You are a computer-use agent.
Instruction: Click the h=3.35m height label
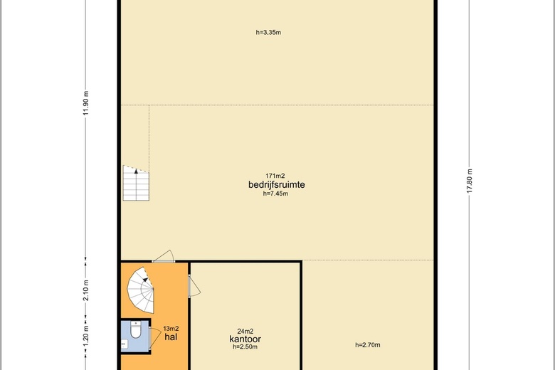click(268, 33)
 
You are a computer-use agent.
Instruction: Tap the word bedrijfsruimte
click(277, 184)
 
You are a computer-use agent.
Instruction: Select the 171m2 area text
click(275, 176)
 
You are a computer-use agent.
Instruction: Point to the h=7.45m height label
click(275, 194)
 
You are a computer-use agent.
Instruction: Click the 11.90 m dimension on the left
click(86, 103)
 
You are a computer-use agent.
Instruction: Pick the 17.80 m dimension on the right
click(470, 181)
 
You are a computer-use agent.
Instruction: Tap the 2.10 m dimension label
click(86, 290)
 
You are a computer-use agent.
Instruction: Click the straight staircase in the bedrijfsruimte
click(136, 183)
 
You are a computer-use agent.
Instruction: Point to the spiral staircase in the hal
click(141, 290)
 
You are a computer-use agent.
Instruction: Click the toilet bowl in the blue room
click(136, 329)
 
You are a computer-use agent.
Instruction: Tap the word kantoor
click(245, 339)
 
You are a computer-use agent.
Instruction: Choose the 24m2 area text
click(245, 332)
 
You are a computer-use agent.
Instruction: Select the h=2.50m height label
click(245, 347)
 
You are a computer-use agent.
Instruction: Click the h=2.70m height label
click(368, 345)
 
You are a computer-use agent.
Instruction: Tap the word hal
click(171, 337)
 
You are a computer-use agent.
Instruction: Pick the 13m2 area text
click(171, 329)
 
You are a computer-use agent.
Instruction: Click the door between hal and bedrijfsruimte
click(163, 257)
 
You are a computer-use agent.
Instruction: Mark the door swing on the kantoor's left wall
click(194, 286)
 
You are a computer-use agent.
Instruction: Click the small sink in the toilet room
click(125, 343)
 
